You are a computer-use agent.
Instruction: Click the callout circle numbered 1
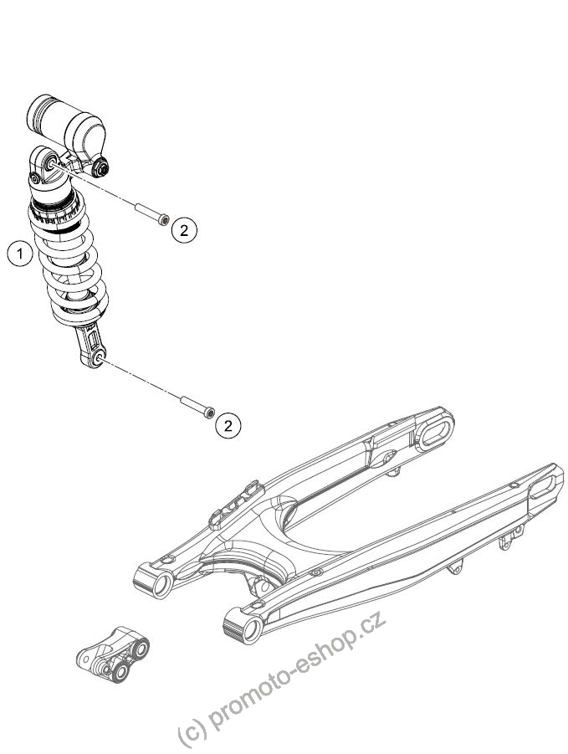click(20, 253)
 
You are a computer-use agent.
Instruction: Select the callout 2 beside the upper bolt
click(184, 230)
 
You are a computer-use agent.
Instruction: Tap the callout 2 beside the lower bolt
click(228, 425)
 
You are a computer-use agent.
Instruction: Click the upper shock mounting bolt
click(151, 213)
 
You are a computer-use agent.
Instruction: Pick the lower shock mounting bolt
click(197, 407)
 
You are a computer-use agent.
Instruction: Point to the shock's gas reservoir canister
click(66, 124)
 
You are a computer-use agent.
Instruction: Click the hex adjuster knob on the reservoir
click(101, 167)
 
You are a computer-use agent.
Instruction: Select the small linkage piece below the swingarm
click(114, 654)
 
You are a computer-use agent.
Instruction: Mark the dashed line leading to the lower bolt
click(141, 380)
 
